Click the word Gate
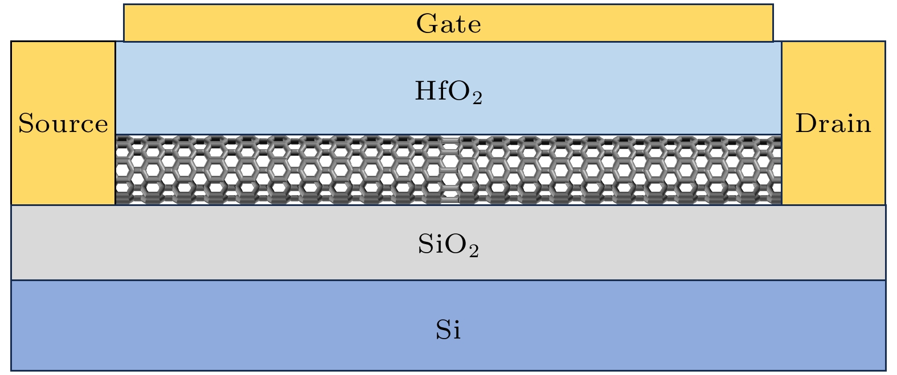(x=449, y=23)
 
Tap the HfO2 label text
(x=449, y=92)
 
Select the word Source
(x=63, y=123)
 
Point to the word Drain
(x=833, y=123)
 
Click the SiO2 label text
(x=449, y=245)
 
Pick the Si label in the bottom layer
(x=448, y=330)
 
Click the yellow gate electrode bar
(x=449, y=23)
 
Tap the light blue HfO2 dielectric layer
(x=449, y=88)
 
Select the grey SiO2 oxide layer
(x=449, y=242)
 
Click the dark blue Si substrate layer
(x=449, y=325)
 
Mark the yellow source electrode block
(x=63, y=123)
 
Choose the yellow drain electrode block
(x=834, y=123)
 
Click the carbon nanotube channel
(x=449, y=170)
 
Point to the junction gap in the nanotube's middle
(x=450, y=170)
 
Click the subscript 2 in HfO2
(x=477, y=98)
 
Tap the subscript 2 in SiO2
(x=474, y=251)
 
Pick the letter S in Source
(x=26, y=123)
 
